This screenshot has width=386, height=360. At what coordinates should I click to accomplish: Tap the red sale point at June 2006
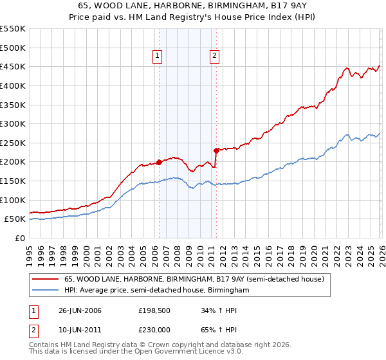pos(159,162)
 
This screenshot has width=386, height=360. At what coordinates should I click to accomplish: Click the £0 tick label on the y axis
pos(19,238)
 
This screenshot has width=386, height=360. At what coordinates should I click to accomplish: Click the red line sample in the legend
pos(45,280)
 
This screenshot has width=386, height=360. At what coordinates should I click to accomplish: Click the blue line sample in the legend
pos(45,291)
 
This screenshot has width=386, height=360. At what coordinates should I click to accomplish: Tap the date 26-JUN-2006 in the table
pos(80,310)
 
